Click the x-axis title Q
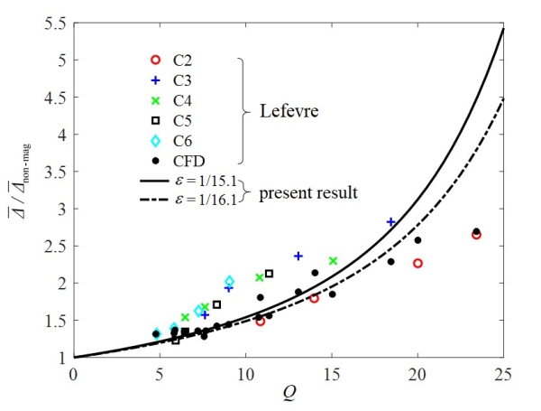coord(289,396)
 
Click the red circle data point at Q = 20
coord(417,263)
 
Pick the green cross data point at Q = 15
coord(333,261)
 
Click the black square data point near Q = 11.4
coord(269,273)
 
